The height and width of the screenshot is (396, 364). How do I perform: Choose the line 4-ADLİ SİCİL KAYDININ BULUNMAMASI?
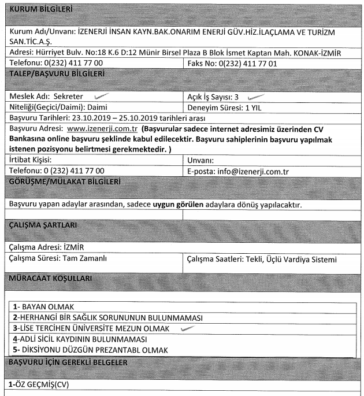coord(80,339)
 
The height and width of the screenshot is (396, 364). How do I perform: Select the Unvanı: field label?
coord(201,160)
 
